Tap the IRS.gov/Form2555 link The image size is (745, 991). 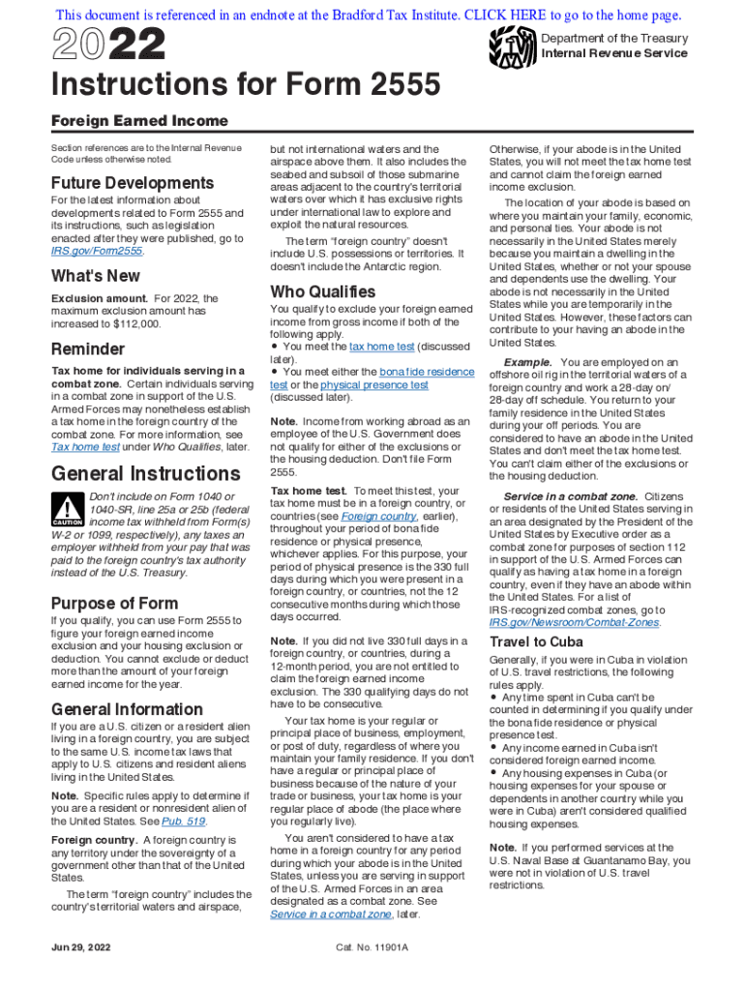point(96,251)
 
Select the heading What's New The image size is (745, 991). point(96,276)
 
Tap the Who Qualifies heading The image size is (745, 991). point(323,291)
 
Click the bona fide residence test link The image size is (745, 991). point(427,371)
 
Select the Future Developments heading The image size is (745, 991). point(133,183)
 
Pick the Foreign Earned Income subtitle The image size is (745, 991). point(139,121)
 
